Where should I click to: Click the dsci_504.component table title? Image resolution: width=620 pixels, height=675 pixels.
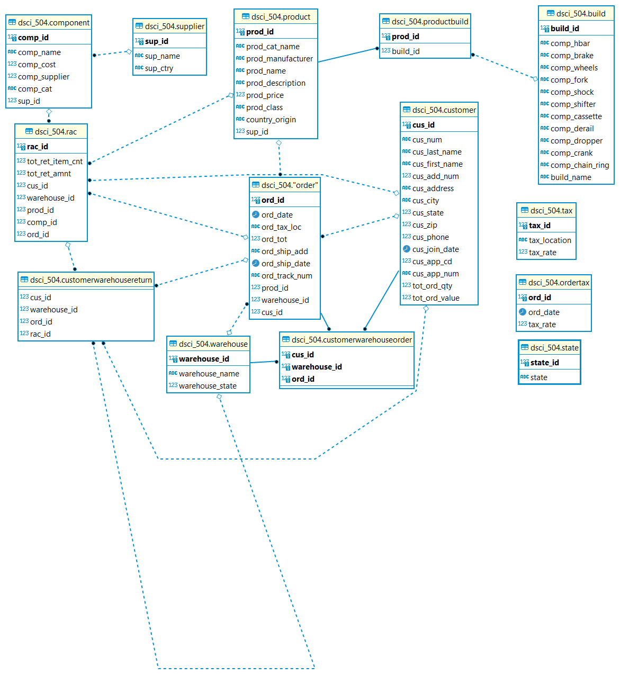point(53,23)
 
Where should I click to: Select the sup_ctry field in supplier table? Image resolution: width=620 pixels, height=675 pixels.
point(159,68)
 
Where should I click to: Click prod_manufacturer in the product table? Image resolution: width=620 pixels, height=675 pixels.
point(279,59)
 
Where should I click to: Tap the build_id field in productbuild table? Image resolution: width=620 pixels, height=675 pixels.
point(406,51)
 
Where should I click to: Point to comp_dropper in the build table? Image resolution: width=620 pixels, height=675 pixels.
point(576,141)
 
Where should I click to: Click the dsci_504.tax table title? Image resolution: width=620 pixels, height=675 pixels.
point(551,211)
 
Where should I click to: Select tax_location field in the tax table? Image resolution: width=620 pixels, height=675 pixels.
point(550,240)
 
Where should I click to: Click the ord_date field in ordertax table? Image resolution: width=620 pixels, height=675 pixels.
point(544,312)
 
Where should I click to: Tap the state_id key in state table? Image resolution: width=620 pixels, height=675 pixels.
point(544,363)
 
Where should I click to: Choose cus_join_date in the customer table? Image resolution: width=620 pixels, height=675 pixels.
point(435,249)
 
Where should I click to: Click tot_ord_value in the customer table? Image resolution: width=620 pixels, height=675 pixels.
point(436,298)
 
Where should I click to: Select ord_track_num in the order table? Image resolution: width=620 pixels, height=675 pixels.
point(286,276)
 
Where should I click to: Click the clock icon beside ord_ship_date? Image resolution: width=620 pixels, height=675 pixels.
point(255,264)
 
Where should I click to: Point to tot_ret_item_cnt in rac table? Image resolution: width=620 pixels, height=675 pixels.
point(55,161)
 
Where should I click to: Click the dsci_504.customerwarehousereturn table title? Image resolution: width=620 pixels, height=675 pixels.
point(91,280)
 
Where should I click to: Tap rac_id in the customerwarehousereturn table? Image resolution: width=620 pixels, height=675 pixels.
point(40,334)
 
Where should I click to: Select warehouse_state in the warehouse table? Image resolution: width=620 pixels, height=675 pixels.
point(208,386)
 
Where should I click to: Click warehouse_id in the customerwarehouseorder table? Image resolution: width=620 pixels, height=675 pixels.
point(317,367)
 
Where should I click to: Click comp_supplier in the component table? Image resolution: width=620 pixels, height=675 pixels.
point(43,77)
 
